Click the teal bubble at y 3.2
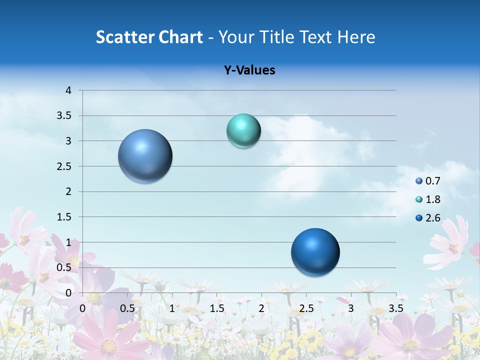(x=243, y=131)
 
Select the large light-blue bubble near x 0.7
(x=145, y=156)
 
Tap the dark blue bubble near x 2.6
(x=315, y=252)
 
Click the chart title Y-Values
(x=249, y=70)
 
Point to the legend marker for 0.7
(x=419, y=181)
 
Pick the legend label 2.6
(x=433, y=218)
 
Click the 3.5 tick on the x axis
(x=395, y=308)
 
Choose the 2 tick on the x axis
(x=261, y=308)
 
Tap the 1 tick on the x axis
(x=172, y=308)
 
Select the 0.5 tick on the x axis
(x=127, y=308)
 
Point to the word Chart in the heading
(x=180, y=37)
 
